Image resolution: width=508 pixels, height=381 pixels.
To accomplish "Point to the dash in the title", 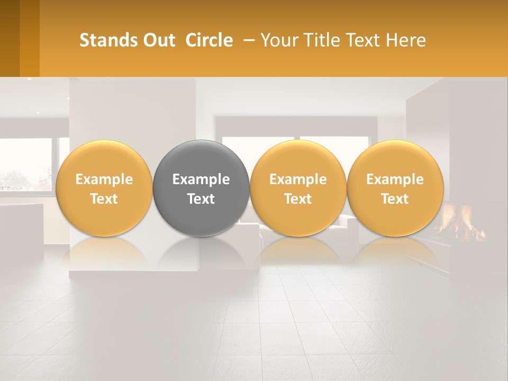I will tap(247, 40).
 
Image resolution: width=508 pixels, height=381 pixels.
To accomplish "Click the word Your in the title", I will tap(276, 40).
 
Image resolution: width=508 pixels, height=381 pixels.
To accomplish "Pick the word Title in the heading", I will tap(317, 40).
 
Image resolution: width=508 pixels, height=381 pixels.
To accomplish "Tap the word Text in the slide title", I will tap(361, 40).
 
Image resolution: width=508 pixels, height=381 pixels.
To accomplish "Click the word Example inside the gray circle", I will tap(201, 179).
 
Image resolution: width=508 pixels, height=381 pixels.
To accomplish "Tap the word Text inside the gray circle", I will tap(201, 199).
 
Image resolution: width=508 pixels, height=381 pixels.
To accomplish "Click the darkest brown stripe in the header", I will tap(10, 38).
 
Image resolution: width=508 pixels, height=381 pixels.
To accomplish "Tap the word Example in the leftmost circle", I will tap(104, 179).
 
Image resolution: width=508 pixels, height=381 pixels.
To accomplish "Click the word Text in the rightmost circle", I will tap(395, 199).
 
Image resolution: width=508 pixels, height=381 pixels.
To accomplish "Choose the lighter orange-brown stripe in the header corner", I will tap(30, 38).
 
